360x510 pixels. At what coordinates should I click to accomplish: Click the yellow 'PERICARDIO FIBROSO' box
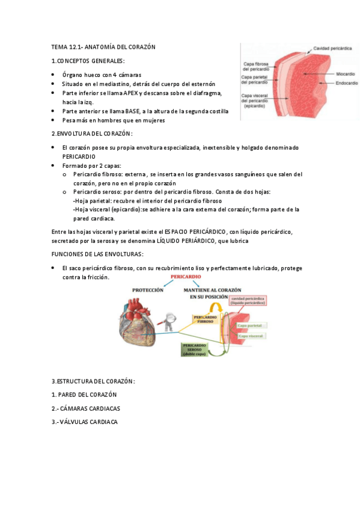coord(205,318)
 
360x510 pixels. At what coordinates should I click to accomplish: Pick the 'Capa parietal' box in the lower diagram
coord(251,325)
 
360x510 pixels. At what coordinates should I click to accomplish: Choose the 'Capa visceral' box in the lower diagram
coord(251,336)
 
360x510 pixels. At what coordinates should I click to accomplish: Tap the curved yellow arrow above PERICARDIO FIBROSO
coord(221,307)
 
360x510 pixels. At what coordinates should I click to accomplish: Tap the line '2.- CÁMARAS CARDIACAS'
coord(86,408)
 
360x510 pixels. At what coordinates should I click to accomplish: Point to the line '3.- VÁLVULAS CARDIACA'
coord(85,422)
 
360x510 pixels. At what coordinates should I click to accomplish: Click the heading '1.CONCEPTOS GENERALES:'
coord(88,61)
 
